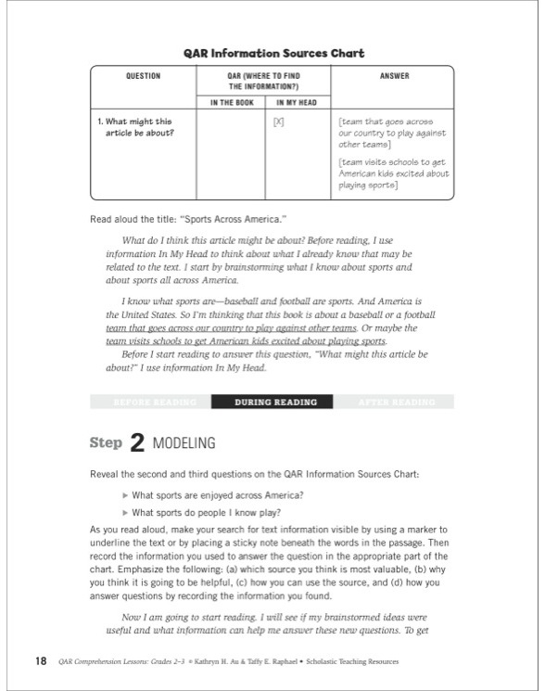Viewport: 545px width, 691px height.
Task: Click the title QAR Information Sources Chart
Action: click(x=272, y=54)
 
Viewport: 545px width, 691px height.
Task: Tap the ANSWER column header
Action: click(x=393, y=76)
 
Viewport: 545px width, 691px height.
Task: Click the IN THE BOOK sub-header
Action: click(x=231, y=103)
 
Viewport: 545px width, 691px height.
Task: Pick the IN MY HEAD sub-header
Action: click(x=298, y=103)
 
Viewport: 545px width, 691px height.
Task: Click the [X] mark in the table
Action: click(x=278, y=122)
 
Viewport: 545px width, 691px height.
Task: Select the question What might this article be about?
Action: click(x=139, y=127)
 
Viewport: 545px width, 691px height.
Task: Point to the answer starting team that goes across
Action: click(x=391, y=133)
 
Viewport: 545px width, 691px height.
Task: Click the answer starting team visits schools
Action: click(x=393, y=173)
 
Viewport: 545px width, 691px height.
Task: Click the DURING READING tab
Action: click(x=275, y=403)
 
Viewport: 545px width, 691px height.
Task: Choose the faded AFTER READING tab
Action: click(x=396, y=403)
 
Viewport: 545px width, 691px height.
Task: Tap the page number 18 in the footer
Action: click(x=40, y=661)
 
